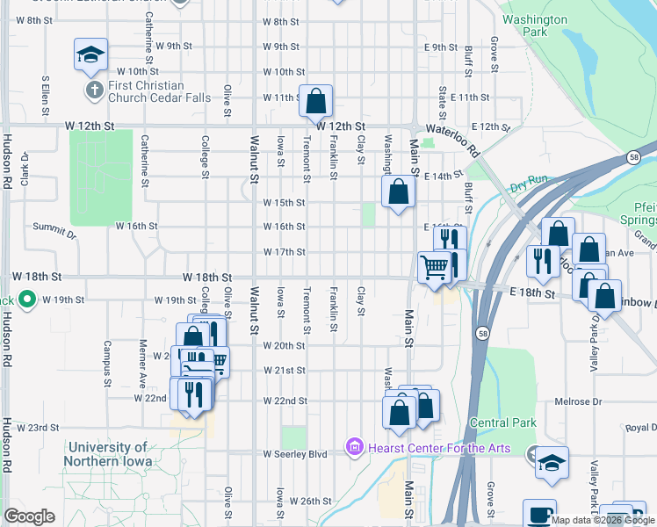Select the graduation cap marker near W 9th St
(x=90, y=54)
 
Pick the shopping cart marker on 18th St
(x=433, y=267)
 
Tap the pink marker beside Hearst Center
(x=355, y=448)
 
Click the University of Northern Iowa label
(x=108, y=454)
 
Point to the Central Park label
(x=502, y=422)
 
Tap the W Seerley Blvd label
(x=295, y=454)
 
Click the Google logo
(x=29, y=516)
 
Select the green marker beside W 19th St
(x=27, y=300)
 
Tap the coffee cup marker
(x=539, y=515)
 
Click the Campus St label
(x=107, y=364)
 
